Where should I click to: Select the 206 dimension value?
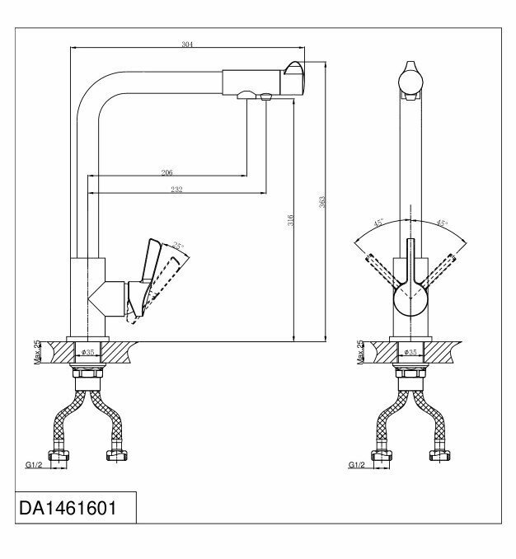click(167, 173)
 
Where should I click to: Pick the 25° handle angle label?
click(178, 245)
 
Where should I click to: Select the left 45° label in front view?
click(380, 223)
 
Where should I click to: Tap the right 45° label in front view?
click(442, 223)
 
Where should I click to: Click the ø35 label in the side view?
click(88, 352)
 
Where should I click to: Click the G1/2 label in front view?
click(356, 464)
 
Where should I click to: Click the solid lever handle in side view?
click(149, 264)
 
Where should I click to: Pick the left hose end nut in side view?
click(59, 455)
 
